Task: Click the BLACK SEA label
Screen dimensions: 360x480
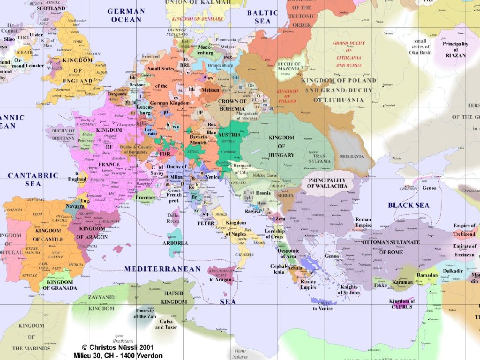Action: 408,205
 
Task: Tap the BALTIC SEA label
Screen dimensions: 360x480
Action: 262,17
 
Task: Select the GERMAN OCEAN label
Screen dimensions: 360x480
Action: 126,15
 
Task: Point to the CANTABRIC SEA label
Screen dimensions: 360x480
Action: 33,180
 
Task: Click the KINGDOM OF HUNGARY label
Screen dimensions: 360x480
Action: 281,146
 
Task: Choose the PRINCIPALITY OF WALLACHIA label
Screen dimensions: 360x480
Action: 327,183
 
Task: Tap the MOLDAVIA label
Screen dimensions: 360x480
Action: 352,156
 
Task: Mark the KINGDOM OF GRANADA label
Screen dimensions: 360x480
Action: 60,285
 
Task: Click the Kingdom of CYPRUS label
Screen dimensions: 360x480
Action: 402,304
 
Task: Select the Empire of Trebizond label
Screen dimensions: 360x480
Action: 464,230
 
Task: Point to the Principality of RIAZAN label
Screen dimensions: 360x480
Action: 455,50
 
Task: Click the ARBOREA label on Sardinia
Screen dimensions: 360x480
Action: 175,243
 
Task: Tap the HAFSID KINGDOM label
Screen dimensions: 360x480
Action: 174,297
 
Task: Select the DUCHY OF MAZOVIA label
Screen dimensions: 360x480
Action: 289,66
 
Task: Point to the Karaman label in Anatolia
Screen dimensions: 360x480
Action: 403,282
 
